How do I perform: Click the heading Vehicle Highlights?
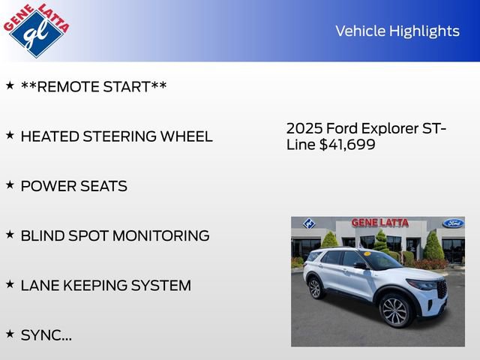tap(397, 31)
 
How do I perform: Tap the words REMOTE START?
tap(94, 87)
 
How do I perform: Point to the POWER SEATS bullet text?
tap(73, 186)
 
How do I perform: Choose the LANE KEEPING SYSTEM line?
tap(106, 285)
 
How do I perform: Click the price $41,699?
tap(347, 145)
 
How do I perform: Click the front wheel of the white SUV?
tap(394, 310)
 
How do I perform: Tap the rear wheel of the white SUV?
tap(315, 288)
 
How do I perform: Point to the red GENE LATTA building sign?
tap(381, 223)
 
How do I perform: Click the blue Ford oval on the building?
tap(453, 223)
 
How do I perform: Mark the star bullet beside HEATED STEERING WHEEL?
tap(10, 136)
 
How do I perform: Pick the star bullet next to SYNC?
tap(10, 334)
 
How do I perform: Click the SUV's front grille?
tap(442, 289)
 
